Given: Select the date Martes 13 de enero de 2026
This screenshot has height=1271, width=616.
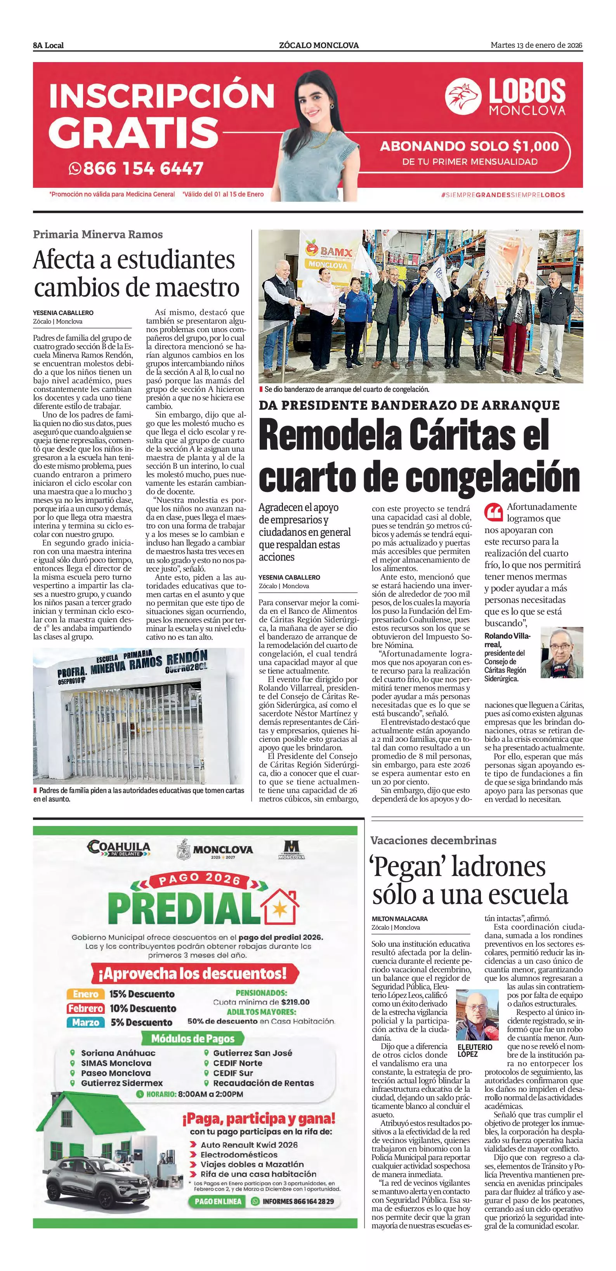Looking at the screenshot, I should pyautogui.click(x=536, y=45).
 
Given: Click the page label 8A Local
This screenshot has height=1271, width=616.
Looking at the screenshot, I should pyautogui.click(x=49, y=45).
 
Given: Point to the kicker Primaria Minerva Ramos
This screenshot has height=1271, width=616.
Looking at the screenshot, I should pyautogui.click(x=98, y=234).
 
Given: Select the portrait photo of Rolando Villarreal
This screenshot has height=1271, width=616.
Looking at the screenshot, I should pyautogui.click(x=562, y=653).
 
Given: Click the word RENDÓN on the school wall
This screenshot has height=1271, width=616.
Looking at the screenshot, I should pyautogui.click(x=187, y=657).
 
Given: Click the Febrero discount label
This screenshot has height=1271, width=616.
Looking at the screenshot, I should pyautogui.click(x=85, y=1008).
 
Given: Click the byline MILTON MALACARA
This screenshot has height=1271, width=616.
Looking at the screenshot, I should pyautogui.click(x=399, y=919).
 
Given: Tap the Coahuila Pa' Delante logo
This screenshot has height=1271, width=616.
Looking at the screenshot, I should pyautogui.click(x=118, y=848).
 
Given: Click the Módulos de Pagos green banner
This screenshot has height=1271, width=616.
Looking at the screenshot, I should pyautogui.click(x=193, y=1038).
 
